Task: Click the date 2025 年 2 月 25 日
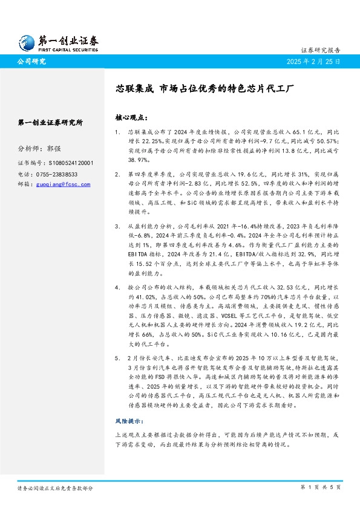(314, 62)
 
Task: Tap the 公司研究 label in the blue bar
(31, 62)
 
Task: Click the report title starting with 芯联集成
(205, 88)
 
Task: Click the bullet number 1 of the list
(117, 131)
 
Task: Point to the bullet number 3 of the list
(117, 225)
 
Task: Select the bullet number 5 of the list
(117, 342)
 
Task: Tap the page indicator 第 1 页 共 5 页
(321, 487)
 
